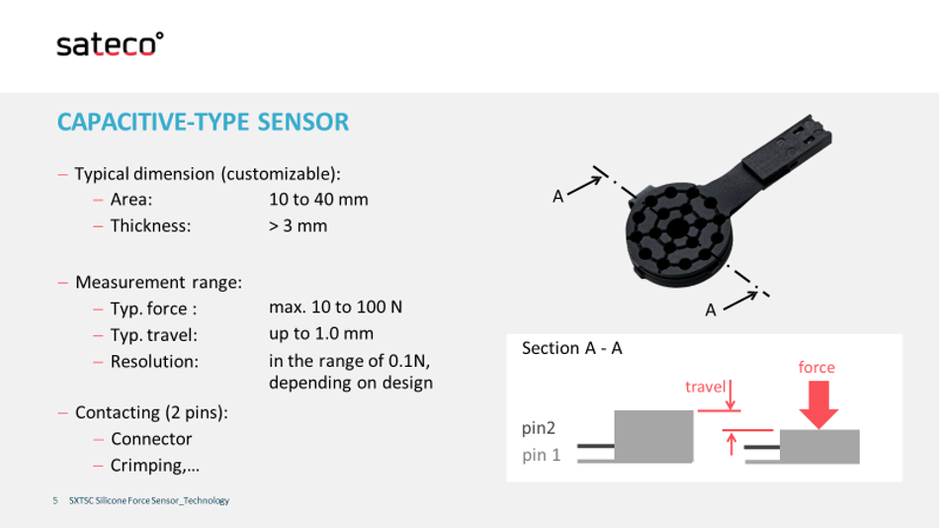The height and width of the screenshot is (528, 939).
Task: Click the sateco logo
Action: (x=110, y=44)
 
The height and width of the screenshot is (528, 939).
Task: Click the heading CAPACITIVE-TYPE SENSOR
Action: (x=203, y=123)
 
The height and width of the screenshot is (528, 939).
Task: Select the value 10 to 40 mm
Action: (x=318, y=199)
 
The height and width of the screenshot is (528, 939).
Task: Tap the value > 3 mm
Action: (x=299, y=226)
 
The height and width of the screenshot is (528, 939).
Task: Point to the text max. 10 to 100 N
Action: (x=335, y=307)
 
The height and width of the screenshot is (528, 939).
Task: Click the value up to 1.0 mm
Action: (x=321, y=334)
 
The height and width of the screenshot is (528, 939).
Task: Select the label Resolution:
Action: (x=154, y=361)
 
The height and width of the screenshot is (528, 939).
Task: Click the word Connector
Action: (x=151, y=439)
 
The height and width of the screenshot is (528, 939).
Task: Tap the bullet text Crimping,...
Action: (x=155, y=466)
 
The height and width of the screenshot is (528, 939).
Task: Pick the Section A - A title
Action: (x=572, y=348)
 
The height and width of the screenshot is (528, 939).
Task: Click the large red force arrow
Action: (x=818, y=404)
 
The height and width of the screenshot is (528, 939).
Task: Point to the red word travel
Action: (x=706, y=387)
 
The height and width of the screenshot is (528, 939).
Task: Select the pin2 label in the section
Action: (x=539, y=428)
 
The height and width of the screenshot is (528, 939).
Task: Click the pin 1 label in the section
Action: (x=542, y=455)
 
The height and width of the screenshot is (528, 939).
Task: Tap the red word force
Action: (x=816, y=367)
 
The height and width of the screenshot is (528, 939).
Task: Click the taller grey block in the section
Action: (x=653, y=436)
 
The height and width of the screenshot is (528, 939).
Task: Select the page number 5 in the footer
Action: (x=55, y=500)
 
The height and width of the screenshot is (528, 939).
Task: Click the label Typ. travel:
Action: (x=154, y=335)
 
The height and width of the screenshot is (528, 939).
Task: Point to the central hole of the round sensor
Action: (x=677, y=228)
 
